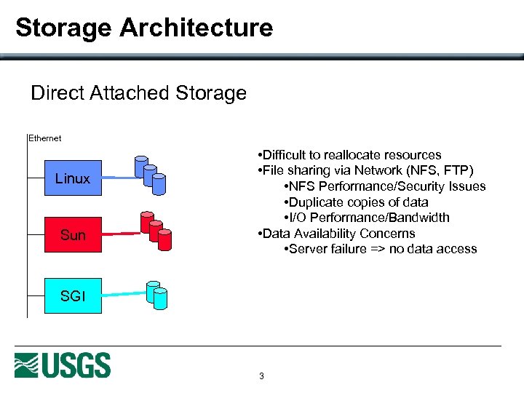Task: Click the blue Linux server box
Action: (x=73, y=178)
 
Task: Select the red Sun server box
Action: (x=73, y=235)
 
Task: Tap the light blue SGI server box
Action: (x=73, y=295)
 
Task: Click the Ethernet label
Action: (x=44, y=138)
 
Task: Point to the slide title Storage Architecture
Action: (x=144, y=28)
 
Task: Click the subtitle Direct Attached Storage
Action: (x=138, y=93)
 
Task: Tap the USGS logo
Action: (x=63, y=365)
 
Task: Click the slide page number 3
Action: (x=261, y=376)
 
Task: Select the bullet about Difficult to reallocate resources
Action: (x=349, y=155)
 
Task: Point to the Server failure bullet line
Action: (x=379, y=249)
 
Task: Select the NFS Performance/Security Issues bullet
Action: (x=384, y=186)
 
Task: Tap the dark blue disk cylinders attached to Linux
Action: (x=151, y=173)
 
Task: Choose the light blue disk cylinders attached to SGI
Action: (x=156, y=293)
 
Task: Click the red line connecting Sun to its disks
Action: (x=119, y=234)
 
